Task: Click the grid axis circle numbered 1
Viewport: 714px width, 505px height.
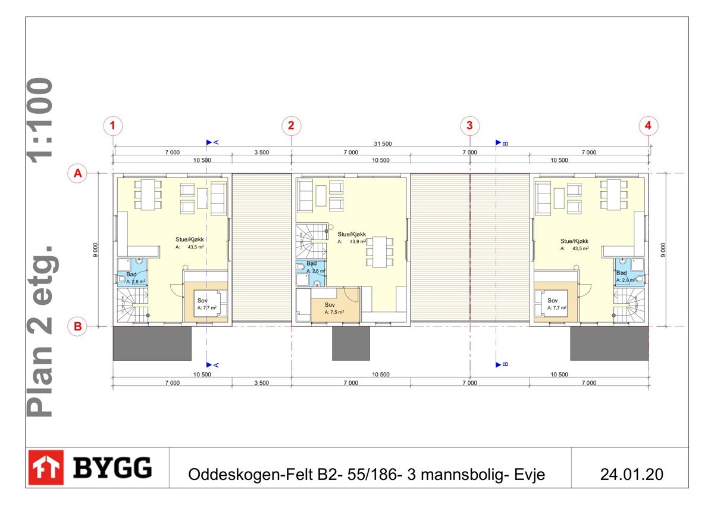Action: tap(112, 126)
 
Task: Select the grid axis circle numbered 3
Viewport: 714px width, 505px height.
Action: tap(470, 126)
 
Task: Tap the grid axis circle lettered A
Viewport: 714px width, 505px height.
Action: tap(77, 173)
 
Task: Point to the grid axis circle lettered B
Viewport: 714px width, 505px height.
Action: tap(77, 326)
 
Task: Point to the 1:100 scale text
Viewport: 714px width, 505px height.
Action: tap(42, 119)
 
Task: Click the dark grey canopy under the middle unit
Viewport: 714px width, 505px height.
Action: tap(350, 343)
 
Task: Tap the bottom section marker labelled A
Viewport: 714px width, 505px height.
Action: tap(212, 364)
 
